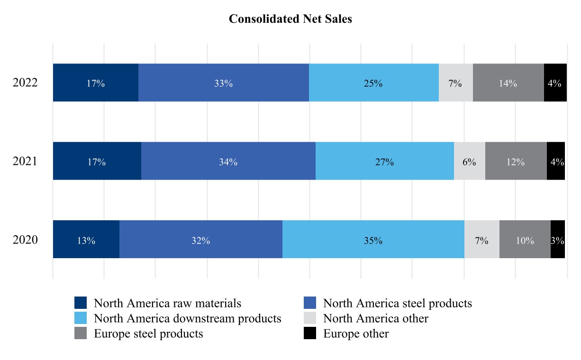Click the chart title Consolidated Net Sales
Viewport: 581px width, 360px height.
click(x=290, y=19)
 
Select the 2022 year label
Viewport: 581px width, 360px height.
click(x=25, y=83)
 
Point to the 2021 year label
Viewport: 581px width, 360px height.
click(x=25, y=162)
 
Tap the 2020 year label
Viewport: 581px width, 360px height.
click(x=25, y=240)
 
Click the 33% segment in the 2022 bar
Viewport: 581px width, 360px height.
click(x=223, y=83)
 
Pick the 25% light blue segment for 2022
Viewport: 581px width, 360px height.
click(x=373, y=83)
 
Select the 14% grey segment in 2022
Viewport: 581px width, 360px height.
click(x=508, y=83)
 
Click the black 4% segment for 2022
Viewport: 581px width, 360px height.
click(x=555, y=83)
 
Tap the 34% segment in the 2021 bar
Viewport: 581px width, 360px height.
click(x=228, y=162)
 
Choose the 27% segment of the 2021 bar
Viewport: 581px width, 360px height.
click(x=384, y=162)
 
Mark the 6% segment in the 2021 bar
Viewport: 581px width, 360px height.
click(x=469, y=162)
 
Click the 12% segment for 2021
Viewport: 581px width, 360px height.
click(x=516, y=162)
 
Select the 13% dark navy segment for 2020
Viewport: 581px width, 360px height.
click(x=86, y=240)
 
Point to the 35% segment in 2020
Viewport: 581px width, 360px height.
click(x=373, y=240)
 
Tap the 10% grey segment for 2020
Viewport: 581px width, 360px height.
click(x=525, y=240)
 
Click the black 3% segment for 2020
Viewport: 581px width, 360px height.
click(x=557, y=240)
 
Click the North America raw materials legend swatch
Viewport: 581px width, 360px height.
click(x=81, y=303)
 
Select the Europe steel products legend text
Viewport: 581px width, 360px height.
click(x=148, y=333)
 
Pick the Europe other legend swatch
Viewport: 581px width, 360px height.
click(x=309, y=333)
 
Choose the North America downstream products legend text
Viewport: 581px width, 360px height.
click(x=188, y=318)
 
